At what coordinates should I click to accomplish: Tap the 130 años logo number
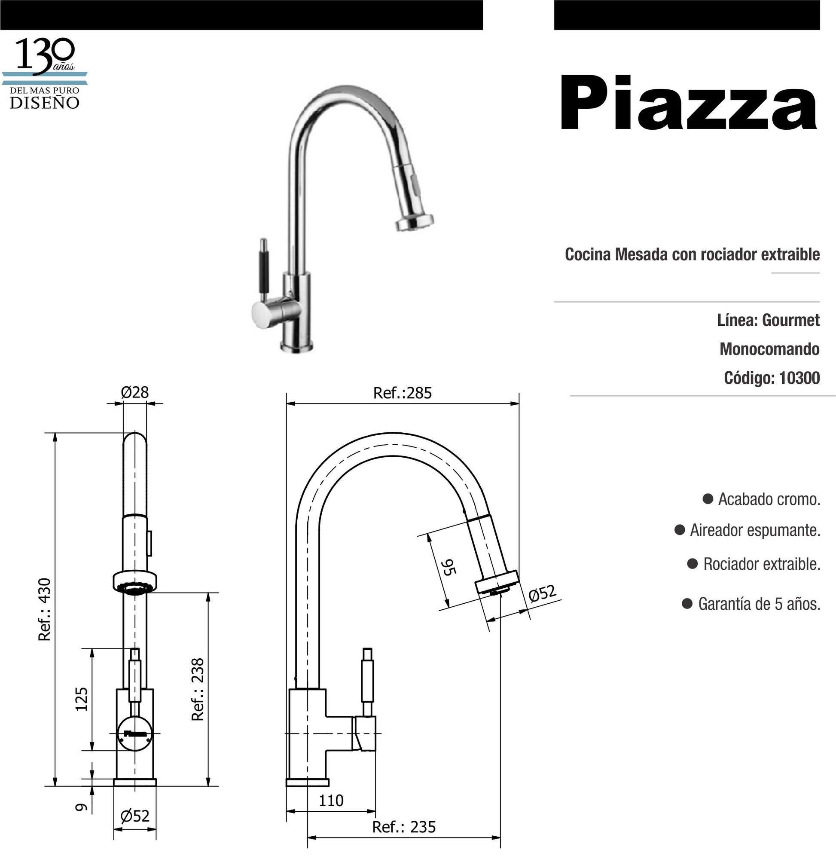(x=44, y=55)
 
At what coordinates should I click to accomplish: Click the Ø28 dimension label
(x=134, y=392)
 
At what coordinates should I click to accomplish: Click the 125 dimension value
(x=82, y=699)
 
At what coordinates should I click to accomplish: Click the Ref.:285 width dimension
(x=402, y=393)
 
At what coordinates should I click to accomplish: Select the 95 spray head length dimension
(x=448, y=567)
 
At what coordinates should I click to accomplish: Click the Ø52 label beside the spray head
(x=542, y=593)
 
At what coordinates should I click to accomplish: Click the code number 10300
(x=799, y=378)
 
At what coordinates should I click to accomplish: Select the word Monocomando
(x=769, y=349)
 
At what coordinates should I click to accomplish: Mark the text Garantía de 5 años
(x=759, y=604)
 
